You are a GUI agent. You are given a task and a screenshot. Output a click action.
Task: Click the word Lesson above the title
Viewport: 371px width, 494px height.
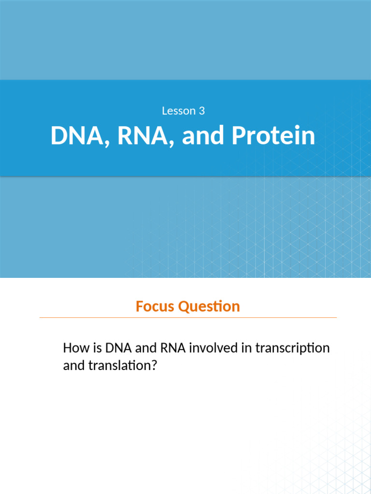click(x=177, y=111)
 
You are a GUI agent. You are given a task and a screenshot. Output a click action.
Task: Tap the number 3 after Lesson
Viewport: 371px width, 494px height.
click(x=201, y=111)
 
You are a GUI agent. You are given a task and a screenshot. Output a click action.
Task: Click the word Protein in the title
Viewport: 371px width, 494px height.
click(x=273, y=137)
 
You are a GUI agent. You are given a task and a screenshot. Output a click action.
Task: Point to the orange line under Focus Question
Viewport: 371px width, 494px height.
click(x=188, y=318)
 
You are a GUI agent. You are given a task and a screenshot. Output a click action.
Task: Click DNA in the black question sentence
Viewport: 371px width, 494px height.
click(x=116, y=348)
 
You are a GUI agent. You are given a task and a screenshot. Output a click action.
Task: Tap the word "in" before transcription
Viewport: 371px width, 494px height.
click(x=248, y=348)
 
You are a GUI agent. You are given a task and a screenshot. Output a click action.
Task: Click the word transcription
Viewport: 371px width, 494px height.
click(x=293, y=348)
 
